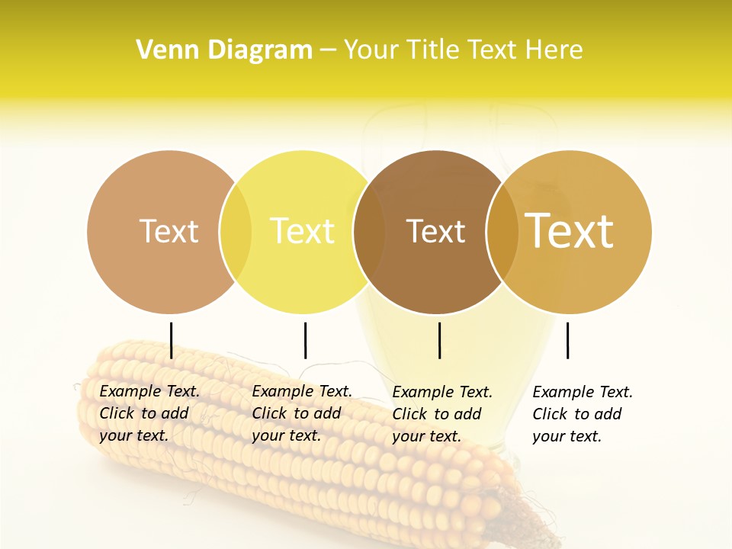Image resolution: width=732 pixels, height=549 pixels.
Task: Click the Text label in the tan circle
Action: click(x=169, y=231)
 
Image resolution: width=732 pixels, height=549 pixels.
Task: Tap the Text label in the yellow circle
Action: click(x=302, y=231)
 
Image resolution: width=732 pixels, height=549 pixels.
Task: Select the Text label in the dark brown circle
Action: click(x=435, y=231)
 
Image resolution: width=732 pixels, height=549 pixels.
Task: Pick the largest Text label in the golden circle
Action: click(x=569, y=231)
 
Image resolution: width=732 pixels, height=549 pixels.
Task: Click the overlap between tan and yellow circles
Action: click(x=236, y=232)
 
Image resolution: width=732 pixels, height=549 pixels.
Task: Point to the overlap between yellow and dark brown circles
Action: click(x=369, y=232)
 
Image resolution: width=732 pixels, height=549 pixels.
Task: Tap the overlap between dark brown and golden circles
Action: click(x=502, y=232)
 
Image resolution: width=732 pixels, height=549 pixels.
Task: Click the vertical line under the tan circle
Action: click(x=172, y=340)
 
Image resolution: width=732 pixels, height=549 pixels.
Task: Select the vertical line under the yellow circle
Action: click(x=305, y=340)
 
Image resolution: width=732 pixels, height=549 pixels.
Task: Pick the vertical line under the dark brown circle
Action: click(x=439, y=340)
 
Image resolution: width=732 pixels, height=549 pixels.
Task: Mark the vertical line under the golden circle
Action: click(x=567, y=340)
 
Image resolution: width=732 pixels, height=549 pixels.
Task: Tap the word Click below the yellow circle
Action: click(x=269, y=413)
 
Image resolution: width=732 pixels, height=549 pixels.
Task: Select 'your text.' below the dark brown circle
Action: click(x=426, y=436)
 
